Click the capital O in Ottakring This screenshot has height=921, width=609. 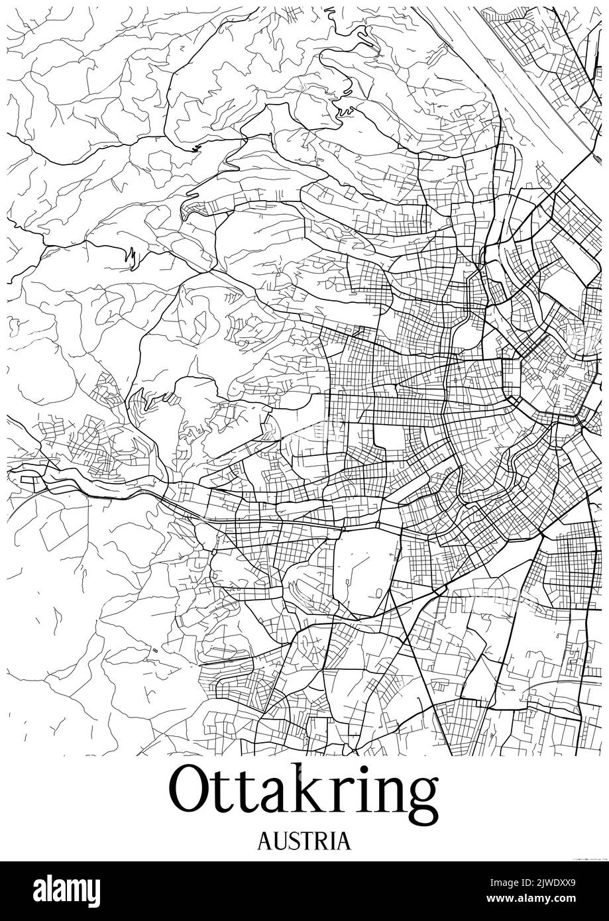193,790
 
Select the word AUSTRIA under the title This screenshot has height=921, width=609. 304,840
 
